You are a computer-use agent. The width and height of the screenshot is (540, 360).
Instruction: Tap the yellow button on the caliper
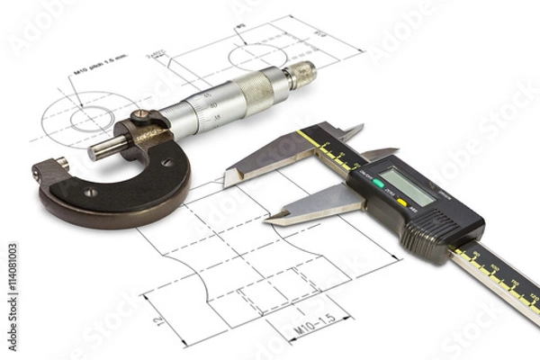pyautogui.click(x=401, y=202)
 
